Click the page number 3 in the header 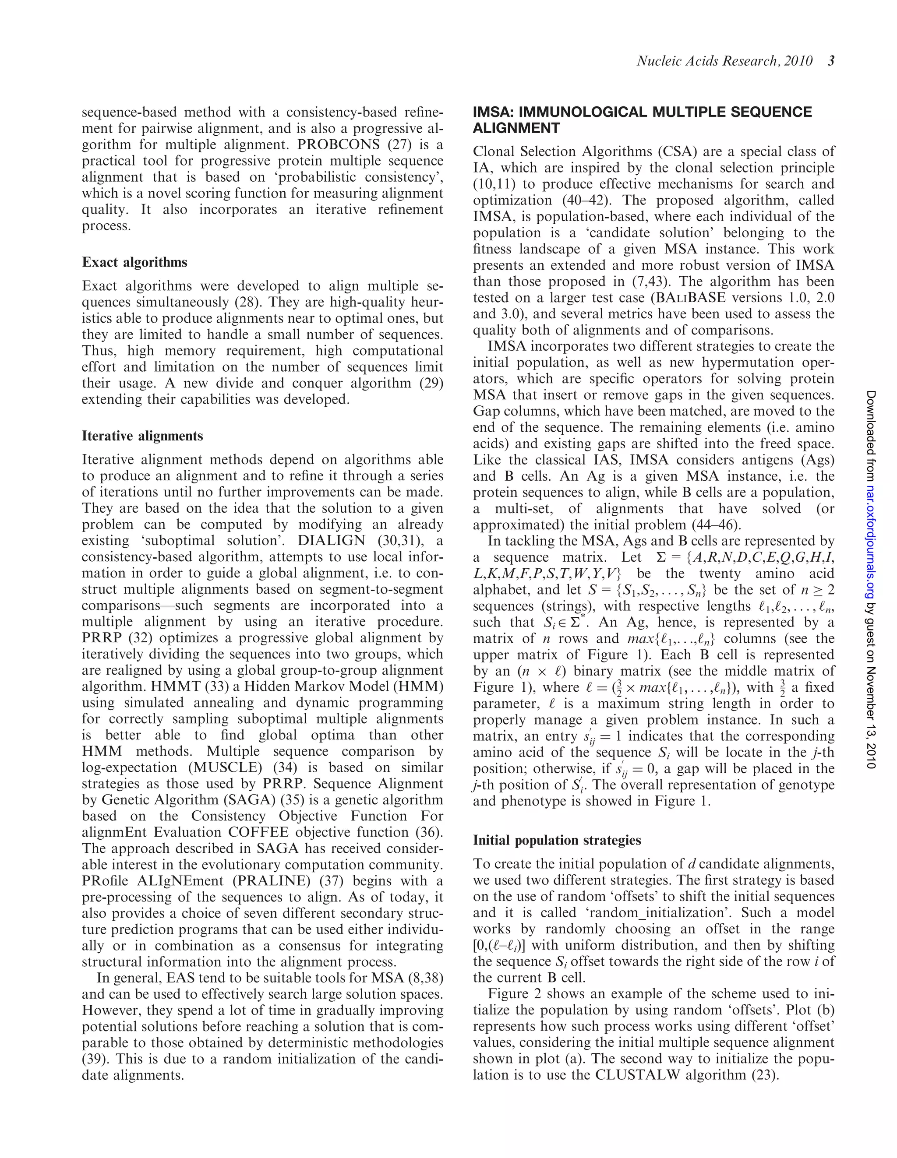[831, 61]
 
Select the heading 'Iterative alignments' [142, 436]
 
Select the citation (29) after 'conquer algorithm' [431, 384]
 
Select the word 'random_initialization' [671, 912]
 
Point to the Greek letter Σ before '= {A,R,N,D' [660, 557]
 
